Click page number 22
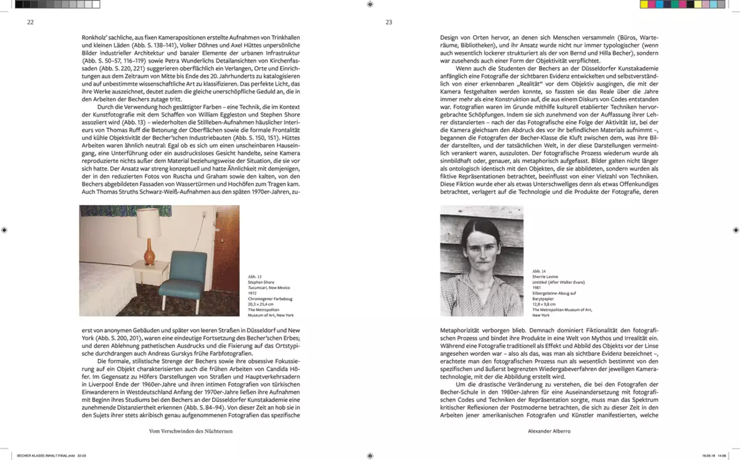[30, 23]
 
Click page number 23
[388, 23]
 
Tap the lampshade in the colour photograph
[147, 222]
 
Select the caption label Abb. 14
[538, 271]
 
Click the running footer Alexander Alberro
[549, 431]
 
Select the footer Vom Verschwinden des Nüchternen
[191, 431]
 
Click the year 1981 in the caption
[536, 288]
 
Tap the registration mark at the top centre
[369, 4]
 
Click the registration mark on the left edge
[4, 230]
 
